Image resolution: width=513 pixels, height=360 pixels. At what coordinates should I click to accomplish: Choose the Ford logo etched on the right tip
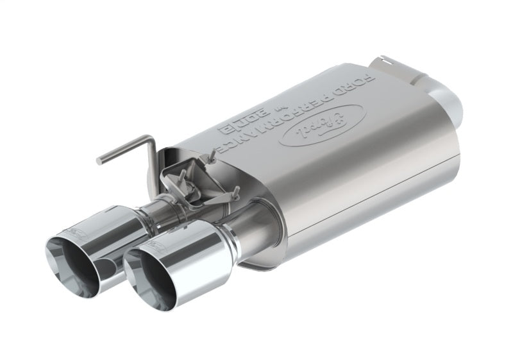pyautogui.click(x=155, y=244)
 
